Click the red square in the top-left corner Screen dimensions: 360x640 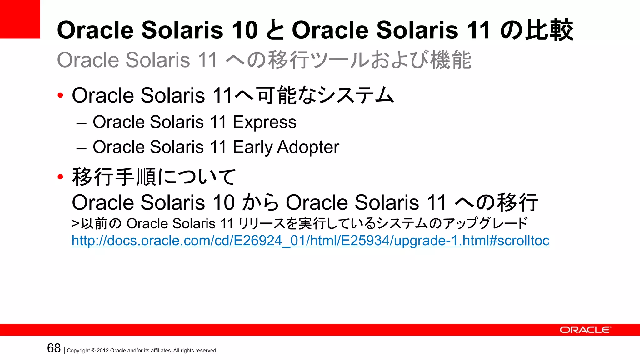click(x=20, y=19)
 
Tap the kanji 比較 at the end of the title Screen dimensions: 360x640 click(x=549, y=30)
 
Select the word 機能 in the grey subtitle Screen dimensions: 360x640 click(x=451, y=60)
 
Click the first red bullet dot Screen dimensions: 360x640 click(x=60, y=95)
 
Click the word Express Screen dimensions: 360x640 click(x=264, y=122)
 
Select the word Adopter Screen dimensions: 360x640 click(x=308, y=147)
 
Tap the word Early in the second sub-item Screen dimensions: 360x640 click(x=253, y=147)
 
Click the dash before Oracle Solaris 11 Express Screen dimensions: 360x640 click(x=81, y=123)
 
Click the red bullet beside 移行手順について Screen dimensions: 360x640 click(x=60, y=177)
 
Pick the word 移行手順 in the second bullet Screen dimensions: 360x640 click(x=114, y=177)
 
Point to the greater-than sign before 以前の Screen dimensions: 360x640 click(x=75, y=224)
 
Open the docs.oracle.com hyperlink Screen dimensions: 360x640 click(x=310, y=241)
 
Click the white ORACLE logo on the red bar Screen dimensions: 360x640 click(x=585, y=330)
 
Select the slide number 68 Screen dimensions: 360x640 click(x=54, y=348)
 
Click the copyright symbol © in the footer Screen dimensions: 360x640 click(x=93, y=351)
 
